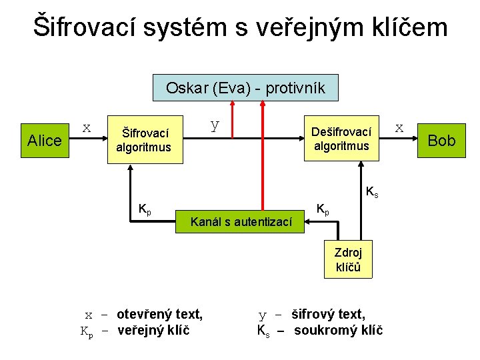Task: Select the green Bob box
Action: (x=441, y=140)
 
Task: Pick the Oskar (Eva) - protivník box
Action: (x=245, y=87)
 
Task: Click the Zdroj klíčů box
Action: (x=348, y=259)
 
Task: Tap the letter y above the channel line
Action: (x=214, y=123)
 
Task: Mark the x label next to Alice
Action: (x=86, y=125)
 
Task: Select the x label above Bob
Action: (x=399, y=125)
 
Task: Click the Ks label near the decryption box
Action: (x=372, y=193)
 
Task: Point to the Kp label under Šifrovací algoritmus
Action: (x=144, y=210)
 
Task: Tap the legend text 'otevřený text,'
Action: (x=159, y=313)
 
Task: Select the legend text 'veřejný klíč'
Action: (x=153, y=330)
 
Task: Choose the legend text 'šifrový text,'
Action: (x=329, y=313)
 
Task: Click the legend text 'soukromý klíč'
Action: (x=338, y=330)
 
